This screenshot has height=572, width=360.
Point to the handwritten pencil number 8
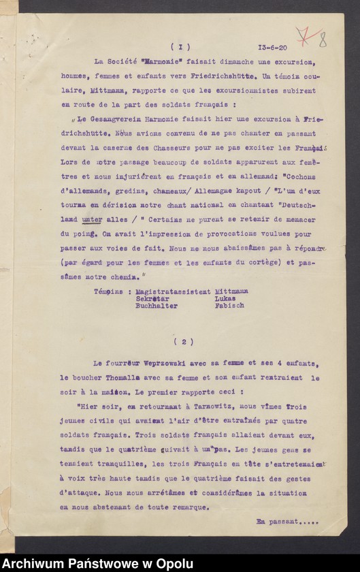point(322,39)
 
